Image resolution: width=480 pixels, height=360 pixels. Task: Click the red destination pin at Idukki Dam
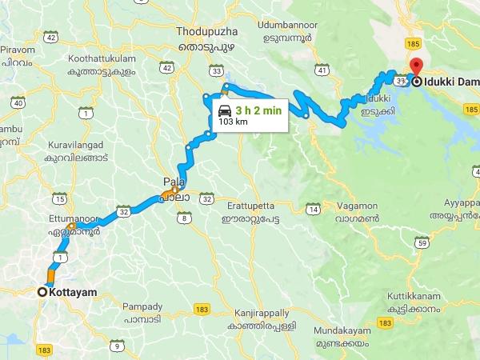click(x=414, y=66)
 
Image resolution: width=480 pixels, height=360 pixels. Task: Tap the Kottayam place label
click(x=74, y=293)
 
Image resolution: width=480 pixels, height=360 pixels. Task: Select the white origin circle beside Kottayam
click(x=42, y=293)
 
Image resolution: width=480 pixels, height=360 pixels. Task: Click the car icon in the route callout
click(x=224, y=112)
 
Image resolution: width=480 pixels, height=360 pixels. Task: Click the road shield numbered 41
click(x=322, y=71)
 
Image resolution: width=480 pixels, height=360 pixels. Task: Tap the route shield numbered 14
click(x=313, y=210)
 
